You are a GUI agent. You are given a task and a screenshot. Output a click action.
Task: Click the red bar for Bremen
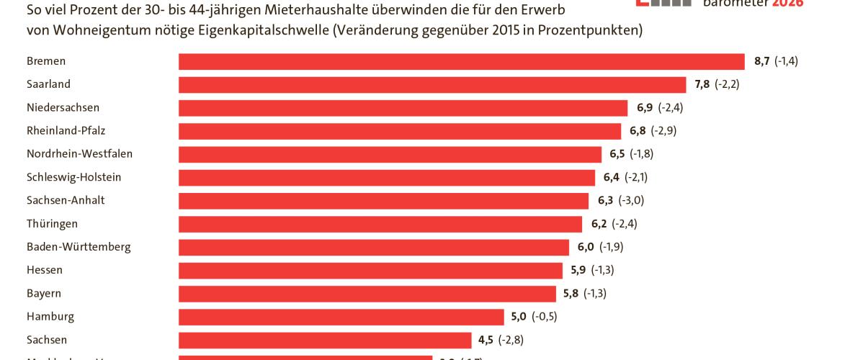pyautogui.click(x=461, y=61)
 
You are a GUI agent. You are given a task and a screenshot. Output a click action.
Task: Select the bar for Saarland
pyautogui.click(x=432, y=84)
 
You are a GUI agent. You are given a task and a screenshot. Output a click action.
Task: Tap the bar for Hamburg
pyautogui.click(x=341, y=317)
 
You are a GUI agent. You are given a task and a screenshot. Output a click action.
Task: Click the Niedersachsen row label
pyautogui.click(x=63, y=108)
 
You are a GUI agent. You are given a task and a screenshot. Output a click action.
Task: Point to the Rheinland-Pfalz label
pyautogui.click(x=66, y=131)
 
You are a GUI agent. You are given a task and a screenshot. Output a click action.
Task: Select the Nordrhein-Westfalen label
pyautogui.click(x=79, y=154)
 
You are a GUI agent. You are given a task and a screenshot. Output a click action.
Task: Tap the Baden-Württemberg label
pyautogui.click(x=79, y=247)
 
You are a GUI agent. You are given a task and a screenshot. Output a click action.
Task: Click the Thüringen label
pyautogui.click(x=52, y=224)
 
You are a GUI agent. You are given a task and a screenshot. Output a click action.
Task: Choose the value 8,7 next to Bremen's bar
pyautogui.click(x=762, y=61)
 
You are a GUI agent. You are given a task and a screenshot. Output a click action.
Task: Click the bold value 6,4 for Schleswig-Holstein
pyautogui.click(x=612, y=177)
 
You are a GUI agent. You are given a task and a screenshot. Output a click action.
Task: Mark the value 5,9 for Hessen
pyautogui.click(x=578, y=270)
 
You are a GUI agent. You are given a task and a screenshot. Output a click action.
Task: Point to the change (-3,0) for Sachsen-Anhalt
pyautogui.click(x=631, y=200)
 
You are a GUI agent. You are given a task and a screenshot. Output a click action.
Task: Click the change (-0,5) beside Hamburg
pyautogui.click(x=545, y=317)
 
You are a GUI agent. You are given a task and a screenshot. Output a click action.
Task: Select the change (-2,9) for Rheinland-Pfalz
pyautogui.click(x=663, y=131)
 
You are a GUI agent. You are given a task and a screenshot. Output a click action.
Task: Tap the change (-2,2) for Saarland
pyautogui.click(x=727, y=84)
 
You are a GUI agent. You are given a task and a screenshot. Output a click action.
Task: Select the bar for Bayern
pyautogui.click(x=367, y=294)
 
